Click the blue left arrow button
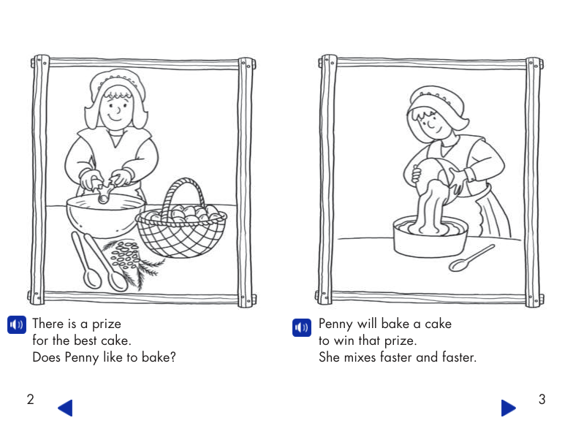(66, 408)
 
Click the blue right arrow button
(509, 408)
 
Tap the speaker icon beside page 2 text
(17, 324)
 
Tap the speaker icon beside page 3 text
(302, 327)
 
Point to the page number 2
(31, 399)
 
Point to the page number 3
(542, 399)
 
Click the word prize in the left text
(107, 324)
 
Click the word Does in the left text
(47, 357)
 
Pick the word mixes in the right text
(360, 357)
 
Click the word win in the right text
(344, 340)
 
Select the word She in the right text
(329, 357)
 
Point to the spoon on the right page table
(471, 259)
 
